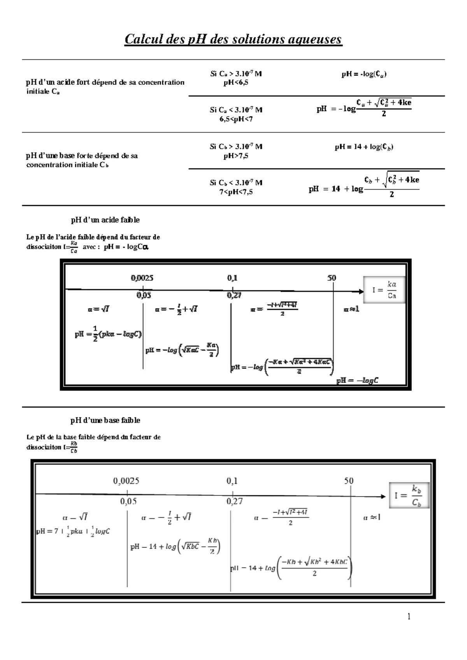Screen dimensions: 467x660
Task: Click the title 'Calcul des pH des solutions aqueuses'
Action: pos(233,39)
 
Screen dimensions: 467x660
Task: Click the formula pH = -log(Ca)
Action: pos(364,74)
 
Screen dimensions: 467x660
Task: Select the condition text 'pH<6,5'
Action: pos(236,82)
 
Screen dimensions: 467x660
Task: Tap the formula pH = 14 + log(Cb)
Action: pos(364,147)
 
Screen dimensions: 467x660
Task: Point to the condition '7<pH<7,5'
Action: pos(236,192)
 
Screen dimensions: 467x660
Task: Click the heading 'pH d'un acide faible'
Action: pos(105,220)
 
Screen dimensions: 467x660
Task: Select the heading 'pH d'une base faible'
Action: pos(105,420)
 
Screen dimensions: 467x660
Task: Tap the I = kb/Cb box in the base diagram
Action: pos(409,495)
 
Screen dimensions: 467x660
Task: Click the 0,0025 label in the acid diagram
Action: pos(142,278)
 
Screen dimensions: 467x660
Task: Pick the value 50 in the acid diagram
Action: pos(332,278)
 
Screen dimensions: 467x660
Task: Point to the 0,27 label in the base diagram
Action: pos(235,501)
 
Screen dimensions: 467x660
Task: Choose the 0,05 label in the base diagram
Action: pos(128,501)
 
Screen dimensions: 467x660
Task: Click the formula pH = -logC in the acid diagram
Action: pos(357,381)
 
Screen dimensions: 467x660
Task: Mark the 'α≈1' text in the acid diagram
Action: pos(351,309)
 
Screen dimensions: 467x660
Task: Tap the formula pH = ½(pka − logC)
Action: pos(108,334)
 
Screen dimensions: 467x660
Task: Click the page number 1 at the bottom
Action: pos(409,616)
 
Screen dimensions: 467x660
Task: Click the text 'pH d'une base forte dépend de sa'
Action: pos(82,156)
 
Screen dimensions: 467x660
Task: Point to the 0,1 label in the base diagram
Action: pos(232,481)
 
